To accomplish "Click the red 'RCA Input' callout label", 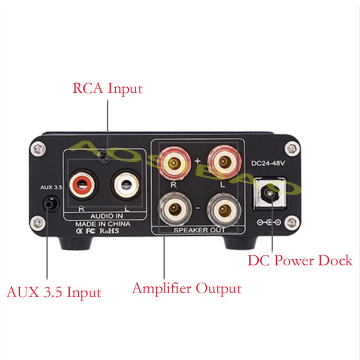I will [x=107, y=88].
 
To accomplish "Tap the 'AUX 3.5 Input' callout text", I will [x=54, y=292].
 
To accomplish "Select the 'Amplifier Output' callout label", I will [x=187, y=288].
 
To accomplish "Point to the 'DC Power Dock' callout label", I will [x=300, y=260].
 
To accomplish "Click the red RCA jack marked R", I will [x=81, y=184].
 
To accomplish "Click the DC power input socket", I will [x=269, y=194].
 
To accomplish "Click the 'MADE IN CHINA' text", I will [x=103, y=224].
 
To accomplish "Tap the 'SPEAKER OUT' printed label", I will [x=199, y=230].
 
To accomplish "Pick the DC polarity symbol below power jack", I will [x=269, y=222].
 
